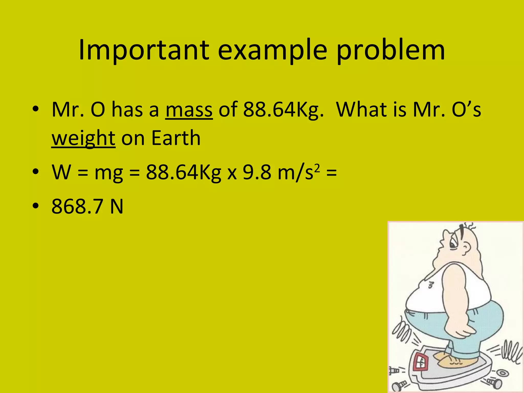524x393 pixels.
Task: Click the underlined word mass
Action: click(189, 110)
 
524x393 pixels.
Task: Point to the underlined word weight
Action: click(83, 138)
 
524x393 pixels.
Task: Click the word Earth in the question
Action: click(176, 138)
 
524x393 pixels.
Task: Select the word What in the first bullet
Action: click(371, 110)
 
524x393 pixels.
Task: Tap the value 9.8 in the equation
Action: click(257, 172)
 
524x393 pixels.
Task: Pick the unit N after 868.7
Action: click(117, 206)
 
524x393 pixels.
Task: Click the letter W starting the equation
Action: click(61, 172)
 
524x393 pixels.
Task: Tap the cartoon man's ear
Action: click(466, 247)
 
